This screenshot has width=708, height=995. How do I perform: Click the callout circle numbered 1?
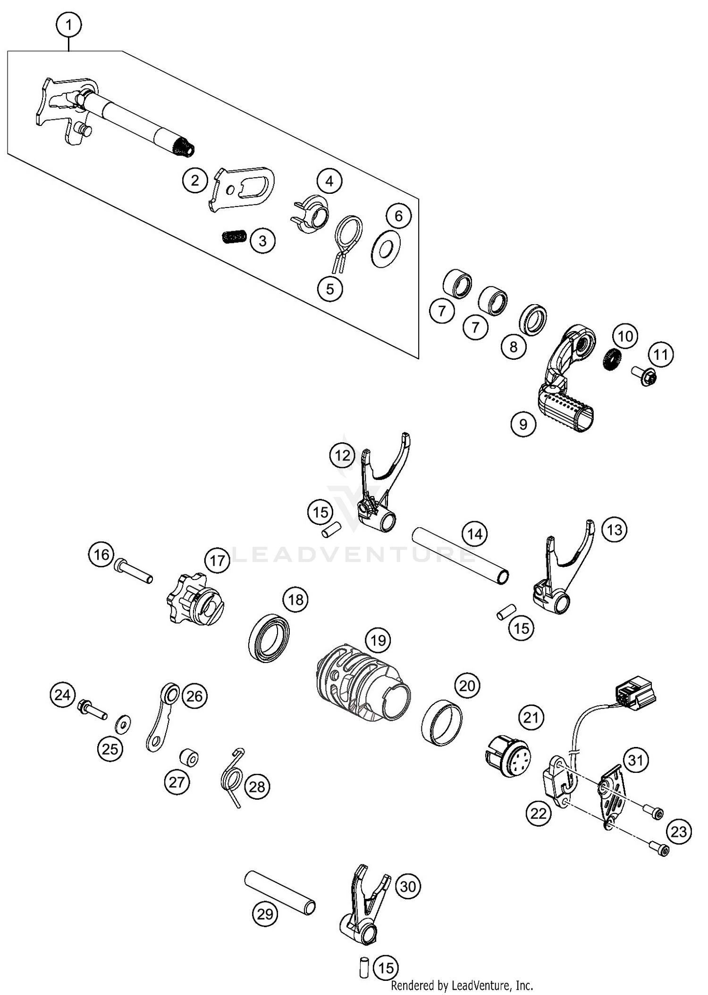point(69,25)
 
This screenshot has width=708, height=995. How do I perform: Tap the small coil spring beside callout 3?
point(234,235)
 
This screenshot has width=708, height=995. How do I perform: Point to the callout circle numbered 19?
point(378,640)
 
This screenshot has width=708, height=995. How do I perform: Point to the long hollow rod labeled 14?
point(461,556)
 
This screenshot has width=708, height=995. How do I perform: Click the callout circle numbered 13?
point(615,530)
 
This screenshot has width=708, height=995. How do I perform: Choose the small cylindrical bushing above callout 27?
point(189,758)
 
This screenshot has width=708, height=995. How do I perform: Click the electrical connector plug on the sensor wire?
point(635,692)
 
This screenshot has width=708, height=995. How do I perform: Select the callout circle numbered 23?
point(679,831)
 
